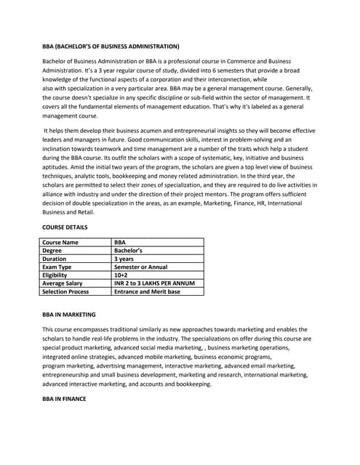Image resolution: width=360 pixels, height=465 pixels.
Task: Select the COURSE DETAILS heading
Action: coord(65,227)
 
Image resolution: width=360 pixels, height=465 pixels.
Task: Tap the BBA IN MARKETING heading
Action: coord(69,315)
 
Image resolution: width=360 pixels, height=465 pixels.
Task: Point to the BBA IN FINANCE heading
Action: coord(64,399)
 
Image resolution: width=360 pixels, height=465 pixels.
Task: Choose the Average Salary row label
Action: coord(63,283)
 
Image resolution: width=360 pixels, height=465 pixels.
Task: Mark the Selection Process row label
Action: coord(66,291)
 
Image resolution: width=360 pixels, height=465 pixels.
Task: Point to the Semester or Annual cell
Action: coord(141,267)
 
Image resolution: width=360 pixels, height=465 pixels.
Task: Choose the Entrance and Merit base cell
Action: coord(147,291)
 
